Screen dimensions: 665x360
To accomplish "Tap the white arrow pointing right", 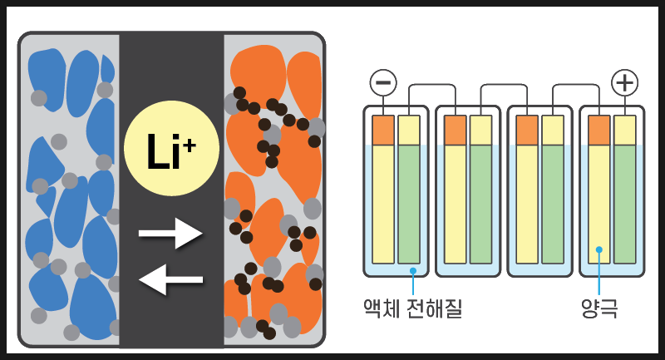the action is (x=170, y=234).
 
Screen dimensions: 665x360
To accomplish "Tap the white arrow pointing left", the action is (x=170, y=279).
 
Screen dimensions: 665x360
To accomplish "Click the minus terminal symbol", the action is (x=383, y=82).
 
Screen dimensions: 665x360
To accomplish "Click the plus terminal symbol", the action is (x=624, y=82).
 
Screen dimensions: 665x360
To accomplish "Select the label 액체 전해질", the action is (x=412, y=309).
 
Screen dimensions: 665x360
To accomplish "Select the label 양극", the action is (x=599, y=309).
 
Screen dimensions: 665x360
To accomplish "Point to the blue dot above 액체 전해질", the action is (x=412, y=270).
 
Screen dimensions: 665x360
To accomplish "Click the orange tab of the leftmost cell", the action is (x=383, y=130).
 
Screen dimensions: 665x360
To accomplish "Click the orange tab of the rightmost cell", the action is (x=599, y=130).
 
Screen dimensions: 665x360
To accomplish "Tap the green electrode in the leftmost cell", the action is (x=409, y=204).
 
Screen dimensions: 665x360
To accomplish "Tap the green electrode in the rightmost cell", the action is (x=625, y=204).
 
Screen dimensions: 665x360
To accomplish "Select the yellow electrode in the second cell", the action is (x=456, y=204).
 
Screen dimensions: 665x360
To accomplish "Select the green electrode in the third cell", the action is (x=553, y=204).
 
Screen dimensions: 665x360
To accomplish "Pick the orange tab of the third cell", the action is (x=527, y=130).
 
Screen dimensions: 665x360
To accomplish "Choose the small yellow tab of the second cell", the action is (x=480, y=130).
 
